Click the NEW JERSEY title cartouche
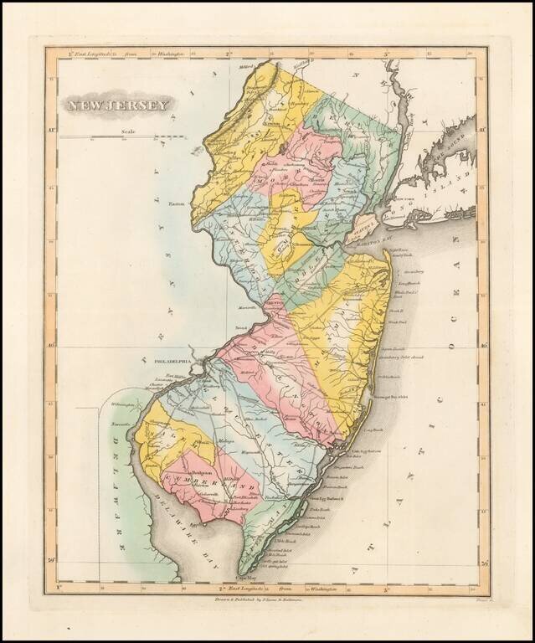click(x=117, y=105)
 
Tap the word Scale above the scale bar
click(x=128, y=131)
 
